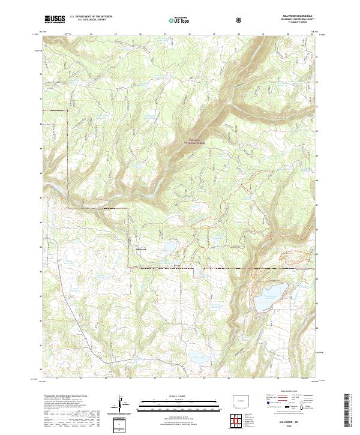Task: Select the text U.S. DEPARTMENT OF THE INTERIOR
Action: (x=91, y=17)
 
